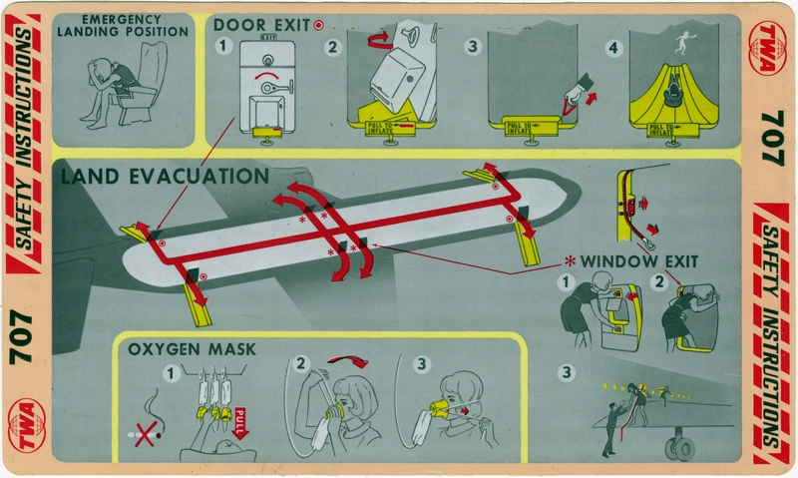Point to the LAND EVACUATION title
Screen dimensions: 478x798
165,178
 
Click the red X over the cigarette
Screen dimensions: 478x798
148,436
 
